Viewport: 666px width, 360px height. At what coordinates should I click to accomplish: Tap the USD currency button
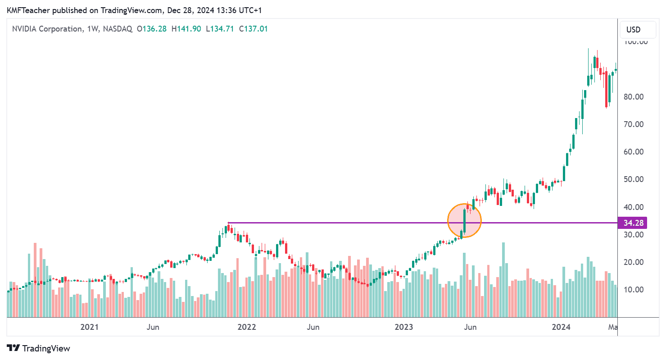pos(634,30)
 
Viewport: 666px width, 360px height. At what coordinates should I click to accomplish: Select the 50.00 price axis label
pos(633,179)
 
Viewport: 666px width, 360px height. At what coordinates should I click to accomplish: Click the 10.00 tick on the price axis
pos(633,289)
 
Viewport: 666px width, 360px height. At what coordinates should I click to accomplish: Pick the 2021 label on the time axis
pos(90,327)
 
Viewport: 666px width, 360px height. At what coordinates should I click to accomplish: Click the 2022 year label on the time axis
pos(246,327)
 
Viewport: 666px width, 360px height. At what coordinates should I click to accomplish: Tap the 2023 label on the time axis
pos(404,327)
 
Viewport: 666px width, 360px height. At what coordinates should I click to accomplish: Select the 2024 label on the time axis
pos(562,327)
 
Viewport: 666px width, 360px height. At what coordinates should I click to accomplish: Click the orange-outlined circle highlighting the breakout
pos(465,220)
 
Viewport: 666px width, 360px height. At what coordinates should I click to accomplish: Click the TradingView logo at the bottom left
pos(39,348)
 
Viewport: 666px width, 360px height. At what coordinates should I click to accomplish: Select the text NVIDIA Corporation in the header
pos(47,29)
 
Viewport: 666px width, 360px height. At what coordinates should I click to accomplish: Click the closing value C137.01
pos(253,29)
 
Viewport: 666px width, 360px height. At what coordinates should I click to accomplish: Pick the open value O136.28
pos(152,29)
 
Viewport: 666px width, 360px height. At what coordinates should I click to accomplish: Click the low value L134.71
pos(220,29)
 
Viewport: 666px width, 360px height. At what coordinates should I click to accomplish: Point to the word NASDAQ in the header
pos(118,29)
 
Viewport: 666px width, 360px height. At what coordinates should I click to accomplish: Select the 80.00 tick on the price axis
pos(633,97)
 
